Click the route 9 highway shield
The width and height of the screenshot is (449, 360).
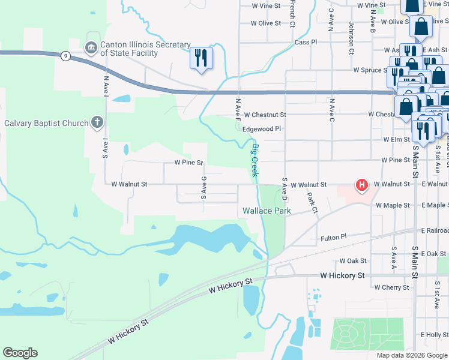(65, 56)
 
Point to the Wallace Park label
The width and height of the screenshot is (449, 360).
(267, 211)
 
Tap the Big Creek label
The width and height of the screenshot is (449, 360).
(256, 160)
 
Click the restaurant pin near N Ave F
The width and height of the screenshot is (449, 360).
(200, 58)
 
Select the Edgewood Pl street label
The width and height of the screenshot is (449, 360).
(261, 128)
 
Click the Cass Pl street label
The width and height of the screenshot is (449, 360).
(306, 43)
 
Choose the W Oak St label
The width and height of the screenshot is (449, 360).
(352, 261)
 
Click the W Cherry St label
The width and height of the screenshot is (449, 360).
(391, 288)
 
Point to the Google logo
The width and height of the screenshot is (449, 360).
(20, 353)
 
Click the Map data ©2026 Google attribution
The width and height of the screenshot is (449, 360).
(412, 355)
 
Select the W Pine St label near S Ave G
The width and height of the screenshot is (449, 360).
(189, 163)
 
